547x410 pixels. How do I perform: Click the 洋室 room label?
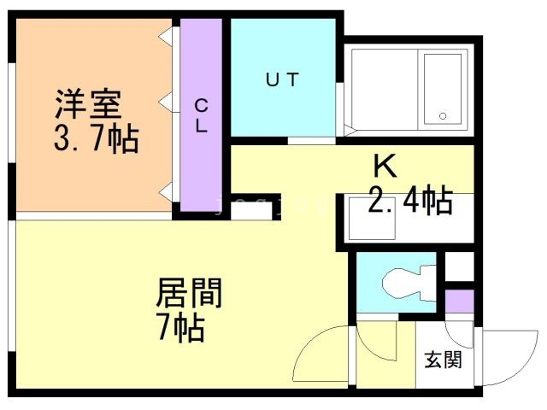tap(89, 103)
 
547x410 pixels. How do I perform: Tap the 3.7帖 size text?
tap(97, 138)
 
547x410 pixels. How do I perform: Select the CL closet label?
tap(202, 116)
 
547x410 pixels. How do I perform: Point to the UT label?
tap(282, 79)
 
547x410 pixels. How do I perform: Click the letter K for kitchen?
tap(385, 167)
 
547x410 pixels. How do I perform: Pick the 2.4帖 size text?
tap(410, 201)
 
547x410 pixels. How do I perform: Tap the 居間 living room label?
tap(189, 292)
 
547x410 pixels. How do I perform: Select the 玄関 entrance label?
tap(443, 360)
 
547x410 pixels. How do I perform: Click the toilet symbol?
tap(409, 283)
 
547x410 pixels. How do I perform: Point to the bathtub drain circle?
tap(443, 116)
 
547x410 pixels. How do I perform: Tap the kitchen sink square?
tap(372, 219)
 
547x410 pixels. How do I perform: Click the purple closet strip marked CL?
tap(202, 114)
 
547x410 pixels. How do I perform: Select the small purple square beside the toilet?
tap(460, 302)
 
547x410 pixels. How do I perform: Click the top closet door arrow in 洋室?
tap(165, 36)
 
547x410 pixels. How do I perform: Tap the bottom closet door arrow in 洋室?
tap(165, 192)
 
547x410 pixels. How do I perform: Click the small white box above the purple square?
tap(460, 266)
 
